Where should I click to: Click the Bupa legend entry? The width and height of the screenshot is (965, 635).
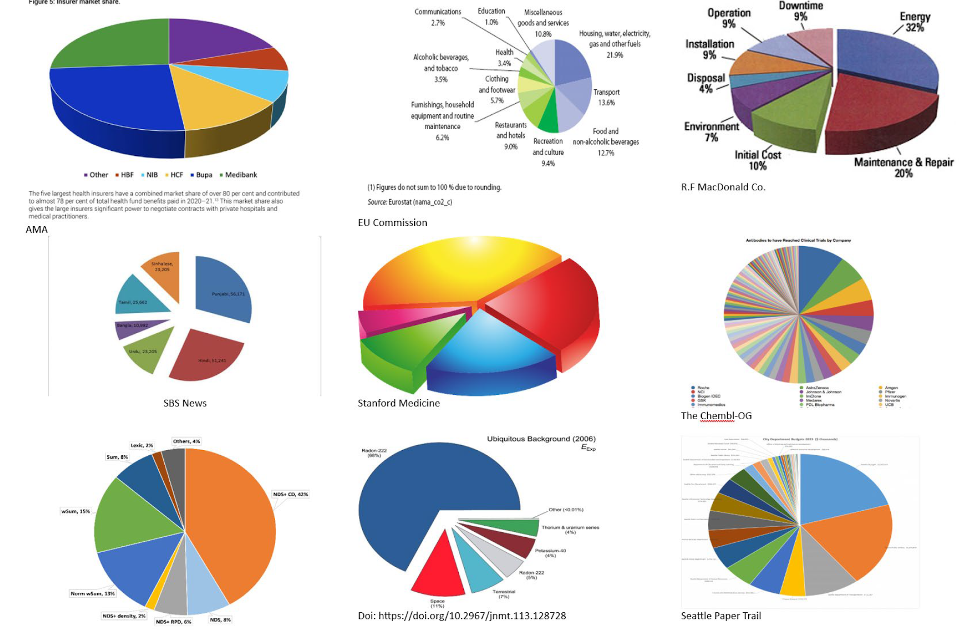[x=201, y=175]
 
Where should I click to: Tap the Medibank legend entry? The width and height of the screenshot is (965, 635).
[x=238, y=175]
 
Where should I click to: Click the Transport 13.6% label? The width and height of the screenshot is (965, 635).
[x=606, y=97]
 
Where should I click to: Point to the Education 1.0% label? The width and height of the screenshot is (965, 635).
[x=491, y=16]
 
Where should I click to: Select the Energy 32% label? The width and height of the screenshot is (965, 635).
[x=915, y=22]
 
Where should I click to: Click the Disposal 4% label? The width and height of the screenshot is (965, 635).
[x=706, y=83]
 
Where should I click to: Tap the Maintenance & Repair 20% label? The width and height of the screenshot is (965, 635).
[x=904, y=167]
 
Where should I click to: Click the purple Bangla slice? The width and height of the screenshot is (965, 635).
[x=137, y=328]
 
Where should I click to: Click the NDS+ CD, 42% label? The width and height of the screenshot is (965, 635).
[x=291, y=494]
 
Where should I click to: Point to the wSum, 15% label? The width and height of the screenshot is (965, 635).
[x=76, y=511]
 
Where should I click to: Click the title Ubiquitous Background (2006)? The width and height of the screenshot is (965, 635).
[x=541, y=439]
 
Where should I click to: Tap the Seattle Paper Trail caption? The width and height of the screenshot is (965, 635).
[x=721, y=616]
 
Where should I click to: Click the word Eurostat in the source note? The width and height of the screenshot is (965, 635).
[x=399, y=202]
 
